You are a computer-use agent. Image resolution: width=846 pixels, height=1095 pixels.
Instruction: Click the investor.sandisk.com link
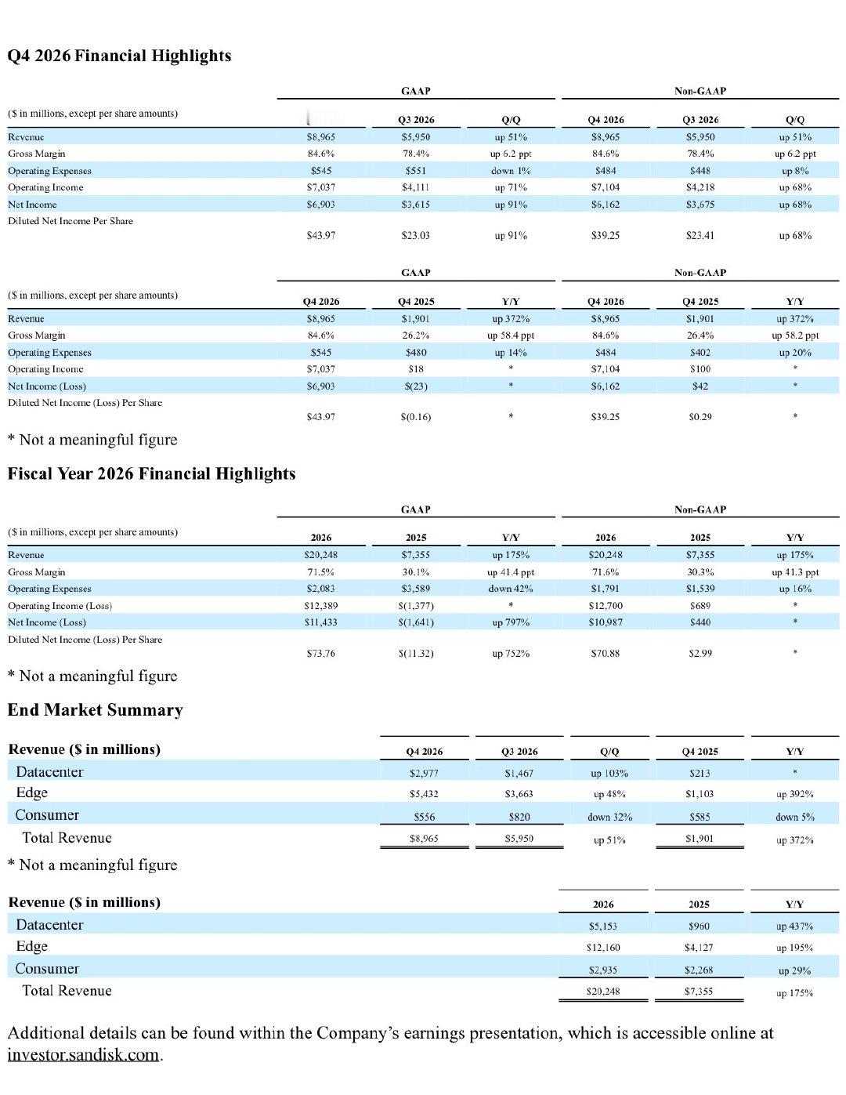83,1054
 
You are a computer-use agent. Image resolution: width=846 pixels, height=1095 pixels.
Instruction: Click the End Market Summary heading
96,709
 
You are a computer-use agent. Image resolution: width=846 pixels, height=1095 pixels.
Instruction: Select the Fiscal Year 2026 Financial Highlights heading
152,473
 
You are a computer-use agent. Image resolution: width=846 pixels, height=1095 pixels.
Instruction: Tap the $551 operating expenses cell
415,171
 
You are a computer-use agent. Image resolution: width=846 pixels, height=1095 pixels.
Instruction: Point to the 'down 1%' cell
511,171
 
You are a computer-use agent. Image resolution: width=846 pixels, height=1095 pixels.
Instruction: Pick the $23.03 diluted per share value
415,235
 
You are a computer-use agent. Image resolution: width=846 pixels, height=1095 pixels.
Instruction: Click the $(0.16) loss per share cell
415,417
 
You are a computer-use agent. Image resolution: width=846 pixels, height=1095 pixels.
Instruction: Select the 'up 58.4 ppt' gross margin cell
511,335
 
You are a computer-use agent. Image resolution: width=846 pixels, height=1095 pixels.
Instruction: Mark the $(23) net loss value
415,386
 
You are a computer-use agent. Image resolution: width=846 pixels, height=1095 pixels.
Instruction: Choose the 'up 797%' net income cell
511,622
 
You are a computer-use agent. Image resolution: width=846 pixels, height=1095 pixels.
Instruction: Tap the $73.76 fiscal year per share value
321,654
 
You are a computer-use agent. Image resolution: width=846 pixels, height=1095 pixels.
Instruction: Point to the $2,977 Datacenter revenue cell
424,773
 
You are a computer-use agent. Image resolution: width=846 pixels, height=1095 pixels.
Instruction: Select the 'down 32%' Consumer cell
609,817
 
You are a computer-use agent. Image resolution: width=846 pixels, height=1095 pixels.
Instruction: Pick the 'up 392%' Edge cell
794,794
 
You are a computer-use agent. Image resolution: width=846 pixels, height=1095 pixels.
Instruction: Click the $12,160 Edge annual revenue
603,948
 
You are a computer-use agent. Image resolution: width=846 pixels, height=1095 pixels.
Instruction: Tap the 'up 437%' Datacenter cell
794,926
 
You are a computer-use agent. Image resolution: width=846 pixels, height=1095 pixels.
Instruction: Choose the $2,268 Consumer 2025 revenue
699,970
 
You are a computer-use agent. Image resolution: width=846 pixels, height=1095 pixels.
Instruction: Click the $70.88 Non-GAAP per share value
606,654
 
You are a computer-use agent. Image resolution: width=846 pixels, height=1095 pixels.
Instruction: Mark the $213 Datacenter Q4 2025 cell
700,773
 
